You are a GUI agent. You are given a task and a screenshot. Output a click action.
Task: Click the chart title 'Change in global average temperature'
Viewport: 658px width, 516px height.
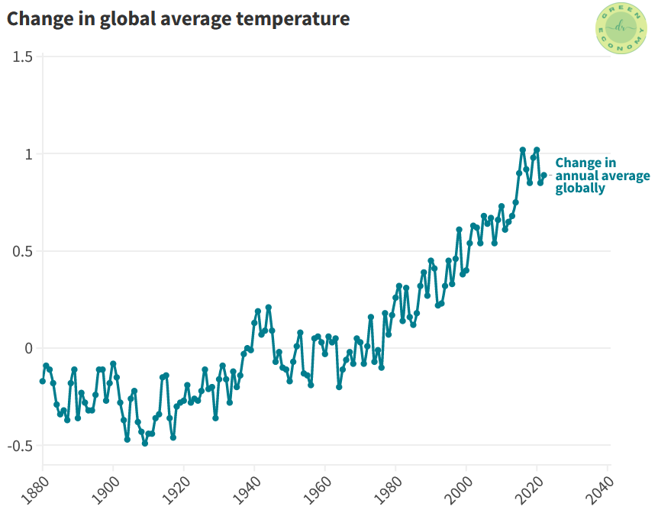click(x=178, y=19)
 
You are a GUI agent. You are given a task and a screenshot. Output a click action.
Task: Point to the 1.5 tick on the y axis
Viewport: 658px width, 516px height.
click(x=23, y=57)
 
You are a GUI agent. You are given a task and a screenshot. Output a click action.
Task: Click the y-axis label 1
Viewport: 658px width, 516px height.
click(x=30, y=154)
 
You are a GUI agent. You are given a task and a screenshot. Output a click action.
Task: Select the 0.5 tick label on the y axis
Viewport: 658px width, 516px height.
click(x=23, y=251)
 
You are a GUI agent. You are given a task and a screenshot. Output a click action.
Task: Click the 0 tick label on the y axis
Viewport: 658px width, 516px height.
click(x=30, y=348)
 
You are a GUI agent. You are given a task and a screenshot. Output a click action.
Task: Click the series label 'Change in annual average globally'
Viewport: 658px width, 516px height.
click(x=602, y=176)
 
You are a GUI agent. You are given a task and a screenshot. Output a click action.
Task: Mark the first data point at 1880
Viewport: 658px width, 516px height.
click(x=43, y=381)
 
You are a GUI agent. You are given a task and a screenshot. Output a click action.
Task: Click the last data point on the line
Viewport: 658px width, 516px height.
click(x=544, y=175)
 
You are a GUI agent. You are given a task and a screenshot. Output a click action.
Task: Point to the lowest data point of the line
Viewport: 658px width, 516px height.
click(x=145, y=443)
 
